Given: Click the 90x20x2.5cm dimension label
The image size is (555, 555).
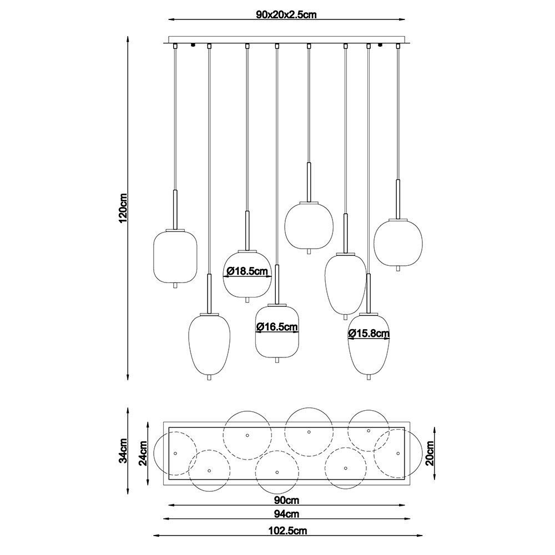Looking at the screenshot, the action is [286, 14].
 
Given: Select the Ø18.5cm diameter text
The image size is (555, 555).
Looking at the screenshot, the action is [247, 271].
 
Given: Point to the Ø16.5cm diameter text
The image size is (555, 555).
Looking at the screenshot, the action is [277, 327].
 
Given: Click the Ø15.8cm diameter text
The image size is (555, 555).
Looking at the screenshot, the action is [369, 333].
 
